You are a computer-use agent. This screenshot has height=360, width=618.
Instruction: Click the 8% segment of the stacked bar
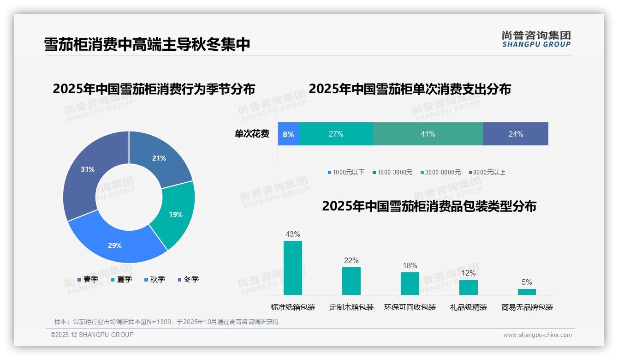pos(289,134)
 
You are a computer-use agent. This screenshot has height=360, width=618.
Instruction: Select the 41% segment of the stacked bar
pos(428,134)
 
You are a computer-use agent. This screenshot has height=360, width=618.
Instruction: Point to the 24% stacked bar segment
pos(516,134)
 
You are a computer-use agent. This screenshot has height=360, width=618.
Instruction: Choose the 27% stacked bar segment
pos(336,134)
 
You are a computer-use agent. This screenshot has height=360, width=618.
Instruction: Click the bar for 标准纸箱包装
pos(293,268)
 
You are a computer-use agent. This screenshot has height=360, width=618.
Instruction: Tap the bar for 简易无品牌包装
pos(527,292)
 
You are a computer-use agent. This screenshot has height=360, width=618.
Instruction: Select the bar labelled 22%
pos(351,281)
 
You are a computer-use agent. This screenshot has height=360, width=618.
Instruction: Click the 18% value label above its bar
pos(410,265)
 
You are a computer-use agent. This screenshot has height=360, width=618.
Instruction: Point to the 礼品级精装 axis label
pos(469,307)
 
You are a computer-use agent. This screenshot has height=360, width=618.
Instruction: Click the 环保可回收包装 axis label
pos(410,307)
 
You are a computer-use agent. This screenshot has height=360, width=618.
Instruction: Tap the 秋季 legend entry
pos(154,279)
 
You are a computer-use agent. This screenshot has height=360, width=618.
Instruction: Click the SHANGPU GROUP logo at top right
pos(536,39)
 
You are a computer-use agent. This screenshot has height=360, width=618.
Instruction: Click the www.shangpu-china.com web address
pos(537,335)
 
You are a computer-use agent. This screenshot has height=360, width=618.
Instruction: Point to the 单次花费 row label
pos(252,134)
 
